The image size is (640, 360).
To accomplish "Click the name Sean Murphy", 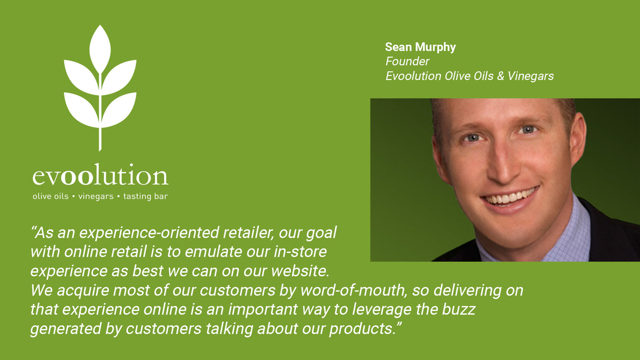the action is [x=420, y=48].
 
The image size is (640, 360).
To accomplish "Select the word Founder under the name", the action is [x=407, y=61].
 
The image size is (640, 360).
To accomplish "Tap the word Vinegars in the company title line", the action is [x=531, y=76].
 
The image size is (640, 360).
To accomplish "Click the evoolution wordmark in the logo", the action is [x=100, y=174].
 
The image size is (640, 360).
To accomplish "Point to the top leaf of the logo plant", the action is [x=100, y=48].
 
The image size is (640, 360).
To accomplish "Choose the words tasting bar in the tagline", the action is [x=145, y=196].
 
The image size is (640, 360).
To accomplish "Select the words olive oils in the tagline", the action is [x=51, y=196].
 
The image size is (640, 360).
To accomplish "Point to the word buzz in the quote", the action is [x=459, y=309].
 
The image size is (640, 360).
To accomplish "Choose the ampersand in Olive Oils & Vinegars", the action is [x=501, y=76].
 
